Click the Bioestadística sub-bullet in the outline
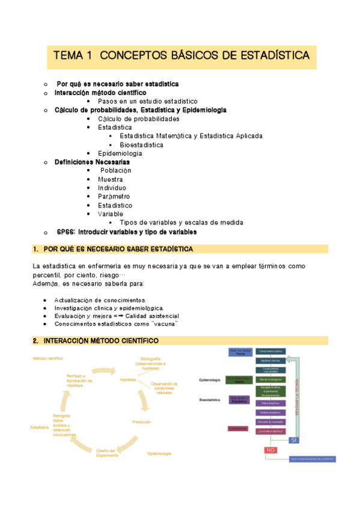pos(141,145)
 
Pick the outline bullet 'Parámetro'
pos(114,196)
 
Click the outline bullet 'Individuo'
pos(112,188)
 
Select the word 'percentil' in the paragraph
pos(47,275)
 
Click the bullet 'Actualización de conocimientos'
pos(100,300)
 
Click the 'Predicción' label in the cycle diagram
pos(141,422)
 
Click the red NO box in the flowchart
pos(271,450)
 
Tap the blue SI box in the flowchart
pos(293,440)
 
